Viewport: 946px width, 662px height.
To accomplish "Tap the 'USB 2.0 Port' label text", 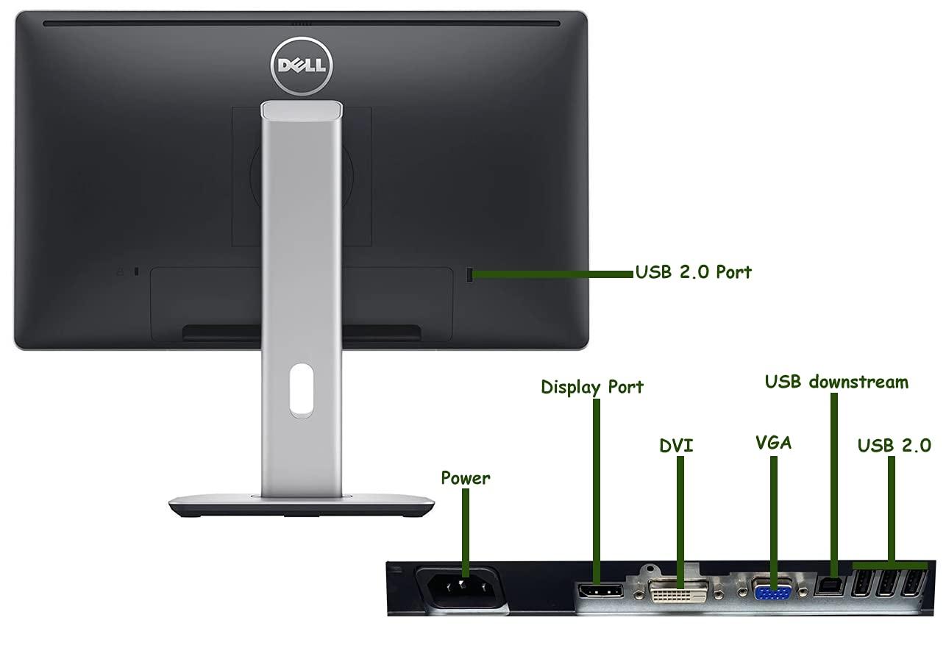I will [694, 272].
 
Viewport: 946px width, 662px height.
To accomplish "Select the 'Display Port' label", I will [592, 387].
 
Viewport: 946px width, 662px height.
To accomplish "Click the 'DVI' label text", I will [676, 446].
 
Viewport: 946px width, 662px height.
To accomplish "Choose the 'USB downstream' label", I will [836, 382].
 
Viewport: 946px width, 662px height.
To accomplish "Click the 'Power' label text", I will [465, 478].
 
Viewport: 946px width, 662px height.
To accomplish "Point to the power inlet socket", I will [461, 587].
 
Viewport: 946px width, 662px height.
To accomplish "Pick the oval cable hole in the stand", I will [301, 389].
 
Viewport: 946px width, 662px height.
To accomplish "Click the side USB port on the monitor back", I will [471, 274].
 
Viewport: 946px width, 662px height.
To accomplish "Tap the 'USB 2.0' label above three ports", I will [894, 445].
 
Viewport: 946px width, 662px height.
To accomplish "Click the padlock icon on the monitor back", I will [121, 272].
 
